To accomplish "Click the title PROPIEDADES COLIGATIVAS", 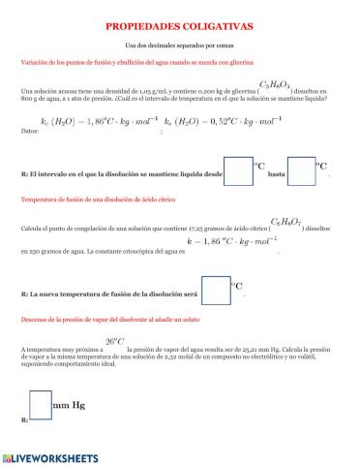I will point(179,29).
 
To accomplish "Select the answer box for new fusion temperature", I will point(214,288).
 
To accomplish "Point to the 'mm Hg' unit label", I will point(69,400).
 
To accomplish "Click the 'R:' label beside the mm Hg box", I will point(23,422).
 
